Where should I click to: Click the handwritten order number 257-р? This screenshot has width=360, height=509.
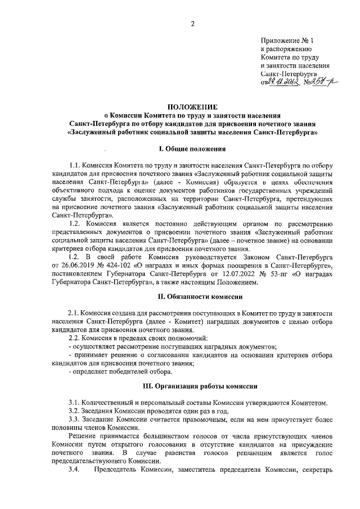point(318,82)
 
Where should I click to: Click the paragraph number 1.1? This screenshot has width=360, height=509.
point(74,167)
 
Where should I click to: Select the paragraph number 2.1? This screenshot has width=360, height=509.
point(74,313)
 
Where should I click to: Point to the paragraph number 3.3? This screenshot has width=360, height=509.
point(74,420)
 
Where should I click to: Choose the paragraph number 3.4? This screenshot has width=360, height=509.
point(74,469)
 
